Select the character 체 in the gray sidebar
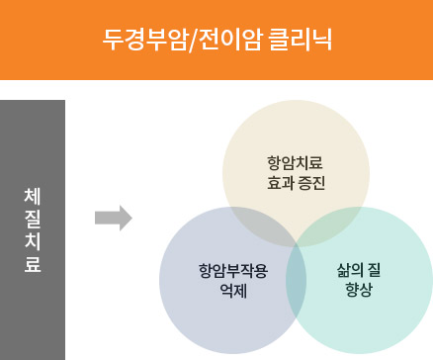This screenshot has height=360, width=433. (32, 196)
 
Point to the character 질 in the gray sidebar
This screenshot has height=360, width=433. (32, 219)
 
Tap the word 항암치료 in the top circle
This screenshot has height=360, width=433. (296, 162)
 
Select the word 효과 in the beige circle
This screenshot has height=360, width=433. (281, 184)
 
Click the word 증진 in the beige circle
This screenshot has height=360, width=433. (311, 184)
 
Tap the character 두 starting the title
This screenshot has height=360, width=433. (113, 40)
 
